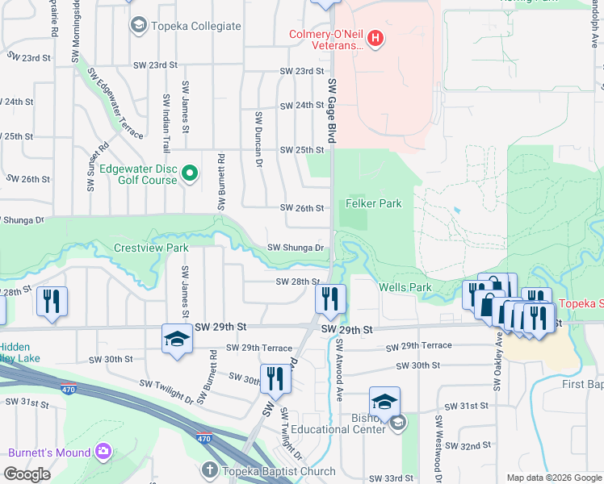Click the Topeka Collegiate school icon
pyautogui.click(x=138, y=27)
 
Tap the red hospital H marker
pyautogui.click(x=374, y=37)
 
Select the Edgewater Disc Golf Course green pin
pyautogui.click(x=189, y=173)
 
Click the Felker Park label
pyautogui.click(x=374, y=204)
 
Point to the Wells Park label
pyautogui.click(x=405, y=287)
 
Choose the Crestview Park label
pyautogui.click(x=151, y=248)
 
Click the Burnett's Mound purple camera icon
pyautogui.click(x=103, y=450)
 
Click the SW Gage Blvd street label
pyautogui.click(x=331, y=111)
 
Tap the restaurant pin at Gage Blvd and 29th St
pyautogui.click(x=331, y=298)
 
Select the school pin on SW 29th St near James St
pyautogui.click(x=177, y=339)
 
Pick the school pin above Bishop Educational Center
pyautogui.click(x=384, y=401)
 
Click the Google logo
pyautogui.click(x=27, y=475)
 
